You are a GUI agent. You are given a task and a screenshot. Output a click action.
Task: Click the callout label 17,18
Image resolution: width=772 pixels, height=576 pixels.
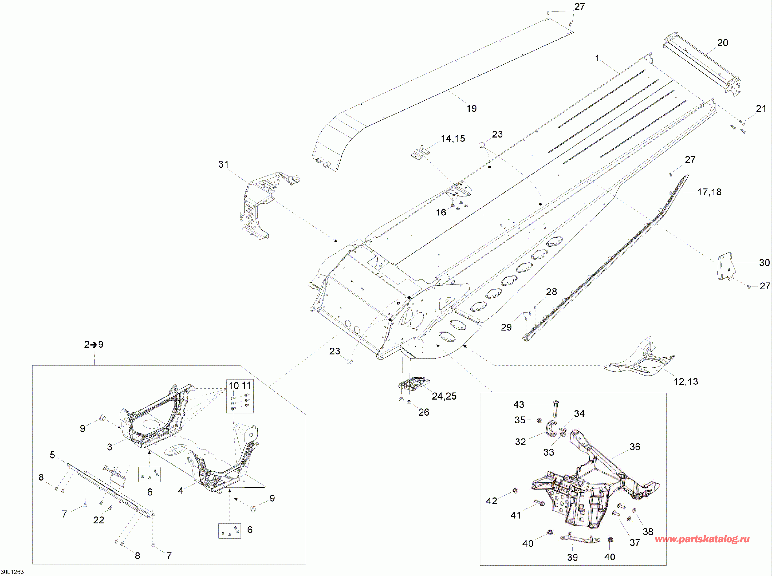coord(709,192)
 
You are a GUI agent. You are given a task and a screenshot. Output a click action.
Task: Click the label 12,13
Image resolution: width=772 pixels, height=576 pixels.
coord(686,382)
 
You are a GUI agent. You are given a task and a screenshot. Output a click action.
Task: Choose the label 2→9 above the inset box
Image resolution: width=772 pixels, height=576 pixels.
coord(94,345)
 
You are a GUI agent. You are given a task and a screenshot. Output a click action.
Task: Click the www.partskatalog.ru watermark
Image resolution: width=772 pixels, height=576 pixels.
coord(702,539)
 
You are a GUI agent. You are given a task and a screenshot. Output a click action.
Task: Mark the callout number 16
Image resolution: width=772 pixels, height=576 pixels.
coord(441,212)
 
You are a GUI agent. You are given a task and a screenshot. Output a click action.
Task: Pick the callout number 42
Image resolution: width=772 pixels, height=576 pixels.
coord(491,501)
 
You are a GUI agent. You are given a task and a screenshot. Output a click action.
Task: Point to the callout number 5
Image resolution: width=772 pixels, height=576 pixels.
coord(52,455)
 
